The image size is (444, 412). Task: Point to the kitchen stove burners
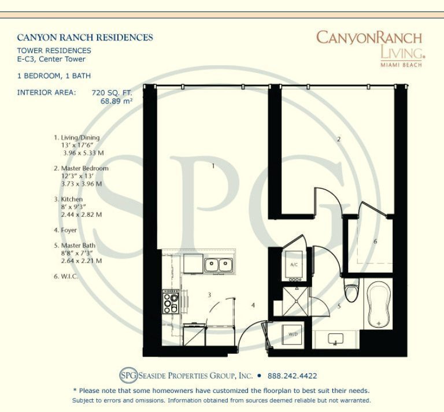[171, 302]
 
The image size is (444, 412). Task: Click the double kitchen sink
[219, 265]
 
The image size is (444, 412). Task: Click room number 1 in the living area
[213, 166]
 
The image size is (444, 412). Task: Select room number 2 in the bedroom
[339, 139]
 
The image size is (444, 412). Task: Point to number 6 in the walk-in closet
[375, 241]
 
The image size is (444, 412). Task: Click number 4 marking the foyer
[253, 305]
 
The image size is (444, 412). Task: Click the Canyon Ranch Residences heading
[85, 38]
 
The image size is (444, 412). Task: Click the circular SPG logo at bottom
[128, 375]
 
